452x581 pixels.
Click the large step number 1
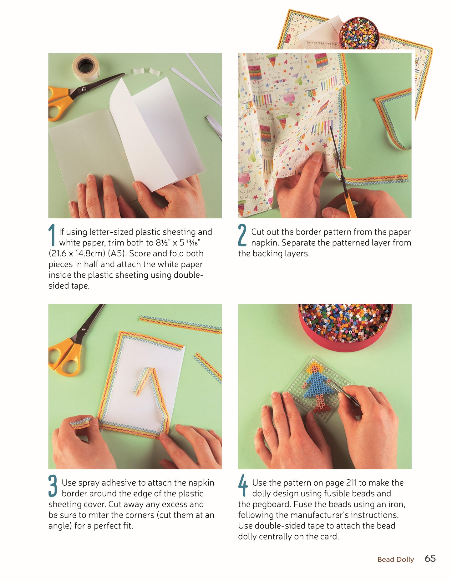[52, 235]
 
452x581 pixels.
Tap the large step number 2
[242, 235]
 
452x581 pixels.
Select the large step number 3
[53, 486]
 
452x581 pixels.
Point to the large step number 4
[243, 486]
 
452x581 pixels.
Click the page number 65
[430, 558]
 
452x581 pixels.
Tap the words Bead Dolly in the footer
[396, 559]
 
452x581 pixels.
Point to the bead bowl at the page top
[359, 33]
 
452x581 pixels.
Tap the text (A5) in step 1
[117, 253]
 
